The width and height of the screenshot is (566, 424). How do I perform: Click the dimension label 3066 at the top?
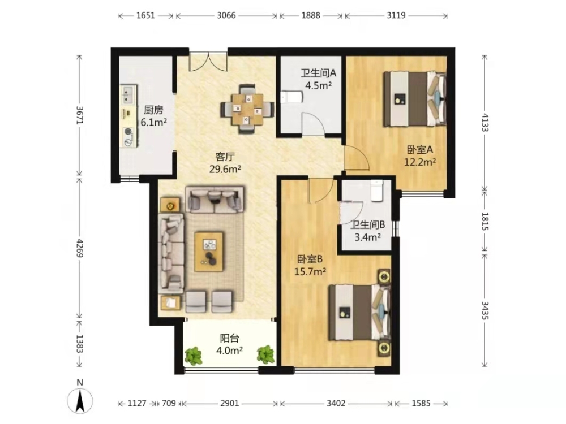(x=226, y=15)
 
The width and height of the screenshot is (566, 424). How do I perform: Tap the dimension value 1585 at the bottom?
(x=421, y=403)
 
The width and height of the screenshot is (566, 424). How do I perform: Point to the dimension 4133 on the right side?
(x=485, y=123)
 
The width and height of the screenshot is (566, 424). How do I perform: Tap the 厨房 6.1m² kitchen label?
(x=153, y=116)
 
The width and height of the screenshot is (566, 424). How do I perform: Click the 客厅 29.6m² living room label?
(x=225, y=163)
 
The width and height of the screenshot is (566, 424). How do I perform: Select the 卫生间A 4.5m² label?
(x=318, y=79)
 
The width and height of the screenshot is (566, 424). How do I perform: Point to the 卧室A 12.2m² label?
(x=420, y=155)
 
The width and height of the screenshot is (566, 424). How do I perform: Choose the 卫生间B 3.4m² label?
(x=368, y=231)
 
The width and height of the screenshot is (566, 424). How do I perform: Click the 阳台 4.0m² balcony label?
(x=230, y=344)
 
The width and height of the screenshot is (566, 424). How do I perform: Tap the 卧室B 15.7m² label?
(x=310, y=265)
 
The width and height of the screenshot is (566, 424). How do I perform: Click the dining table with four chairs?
(x=248, y=109)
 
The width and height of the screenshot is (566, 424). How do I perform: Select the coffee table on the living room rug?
(x=209, y=252)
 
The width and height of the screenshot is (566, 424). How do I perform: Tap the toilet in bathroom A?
(x=291, y=97)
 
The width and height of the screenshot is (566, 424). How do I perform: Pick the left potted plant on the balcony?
(x=194, y=356)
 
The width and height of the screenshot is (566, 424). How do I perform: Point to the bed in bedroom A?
(x=415, y=99)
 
